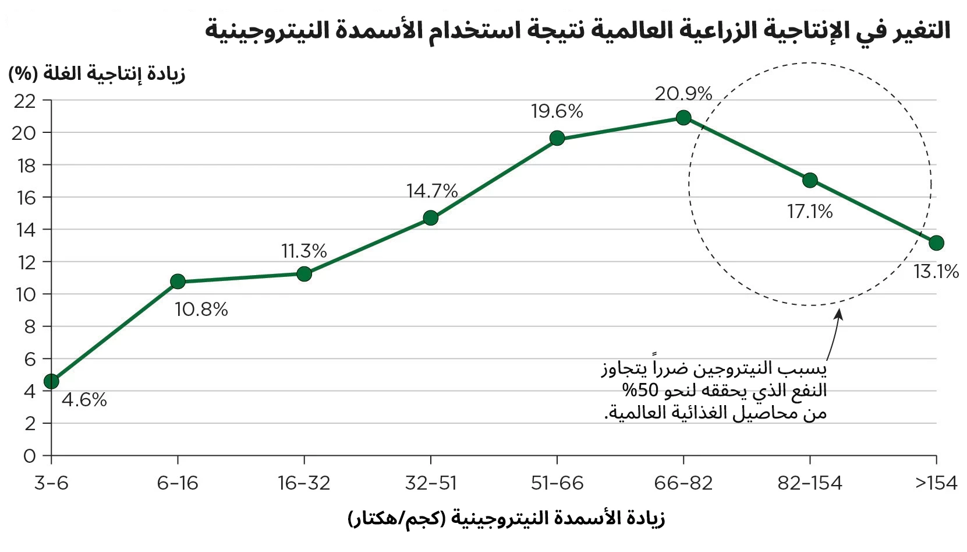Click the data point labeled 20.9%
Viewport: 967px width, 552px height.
click(x=683, y=118)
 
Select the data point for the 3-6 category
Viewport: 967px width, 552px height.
click(x=51, y=381)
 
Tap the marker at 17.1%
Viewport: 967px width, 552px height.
click(x=810, y=181)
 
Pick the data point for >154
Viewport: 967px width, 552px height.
click(x=936, y=243)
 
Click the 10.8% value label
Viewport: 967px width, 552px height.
click(x=201, y=310)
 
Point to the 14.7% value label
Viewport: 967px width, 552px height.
click(x=432, y=191)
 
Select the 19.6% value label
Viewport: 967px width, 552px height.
click(x=557, y=111)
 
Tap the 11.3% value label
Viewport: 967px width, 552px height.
click(x=304, y=251)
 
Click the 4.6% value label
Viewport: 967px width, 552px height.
click(x=84, y=400)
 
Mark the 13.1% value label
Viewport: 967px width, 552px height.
click(x=936, y=272)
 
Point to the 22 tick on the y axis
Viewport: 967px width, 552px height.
click(x=24, y=101)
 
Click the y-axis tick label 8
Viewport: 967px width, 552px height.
click(x=30, y=327)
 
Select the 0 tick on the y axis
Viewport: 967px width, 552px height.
click(x=30, y=456)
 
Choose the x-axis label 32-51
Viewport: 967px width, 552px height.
click(x=431, y=483)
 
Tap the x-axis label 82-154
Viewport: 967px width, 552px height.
click(x=810, y=483)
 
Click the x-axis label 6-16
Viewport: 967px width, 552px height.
click(x=178, y=483)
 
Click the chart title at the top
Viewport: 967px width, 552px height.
click(x=578, y=30)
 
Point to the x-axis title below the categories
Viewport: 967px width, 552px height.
click(x=506, y=518)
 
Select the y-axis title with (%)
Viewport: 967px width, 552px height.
click(x=97, y=74)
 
